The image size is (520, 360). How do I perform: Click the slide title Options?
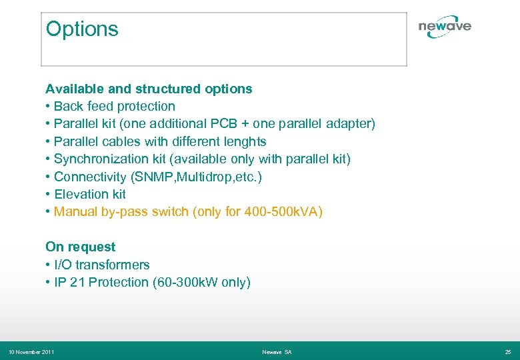click(82, 29)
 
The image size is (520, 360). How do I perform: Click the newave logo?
click(445, 27)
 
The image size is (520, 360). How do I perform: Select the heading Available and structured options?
click(149, 89)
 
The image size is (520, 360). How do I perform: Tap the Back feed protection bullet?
click(114, 106)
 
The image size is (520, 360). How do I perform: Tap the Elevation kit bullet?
click(89, 194)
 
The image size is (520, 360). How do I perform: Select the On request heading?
click(80, 247)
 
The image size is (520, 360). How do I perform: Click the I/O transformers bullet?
click(101, 265)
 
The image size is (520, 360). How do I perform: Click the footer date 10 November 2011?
click(31, 351)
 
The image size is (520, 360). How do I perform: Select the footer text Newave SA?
click(277, 351)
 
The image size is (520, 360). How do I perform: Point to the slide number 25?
click(508, 351)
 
